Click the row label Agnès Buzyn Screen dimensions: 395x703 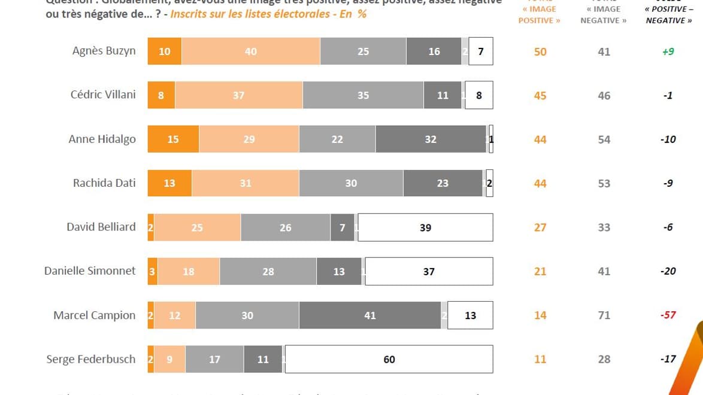pos(104,51)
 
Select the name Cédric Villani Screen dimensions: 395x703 pos(103,95)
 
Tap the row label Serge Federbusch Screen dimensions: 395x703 pos(91,359)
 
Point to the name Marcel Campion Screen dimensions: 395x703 pos(95,315)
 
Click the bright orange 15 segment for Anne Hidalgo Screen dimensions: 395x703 pos(173,139)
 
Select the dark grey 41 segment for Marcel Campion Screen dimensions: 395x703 pos(369,315)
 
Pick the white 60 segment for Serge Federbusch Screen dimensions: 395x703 pos(389,359)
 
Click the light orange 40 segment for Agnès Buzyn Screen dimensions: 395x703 pos(250,51)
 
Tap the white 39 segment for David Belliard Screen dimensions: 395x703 pos(425,227)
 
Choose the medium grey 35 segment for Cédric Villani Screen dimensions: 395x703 pos(363,95)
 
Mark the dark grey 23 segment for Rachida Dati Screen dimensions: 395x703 pos(443,183)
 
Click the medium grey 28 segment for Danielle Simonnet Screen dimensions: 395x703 pos(268,271)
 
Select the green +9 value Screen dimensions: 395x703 pos(668,51)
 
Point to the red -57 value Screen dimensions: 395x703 pos(668,315)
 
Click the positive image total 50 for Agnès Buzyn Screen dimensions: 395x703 pos(540,51)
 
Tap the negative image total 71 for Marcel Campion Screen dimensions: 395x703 pos(604,315)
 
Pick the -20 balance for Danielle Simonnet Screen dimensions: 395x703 pos(668,271)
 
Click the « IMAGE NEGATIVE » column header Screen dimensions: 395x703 pos(604,14)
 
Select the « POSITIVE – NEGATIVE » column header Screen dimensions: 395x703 pos(668,14)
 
